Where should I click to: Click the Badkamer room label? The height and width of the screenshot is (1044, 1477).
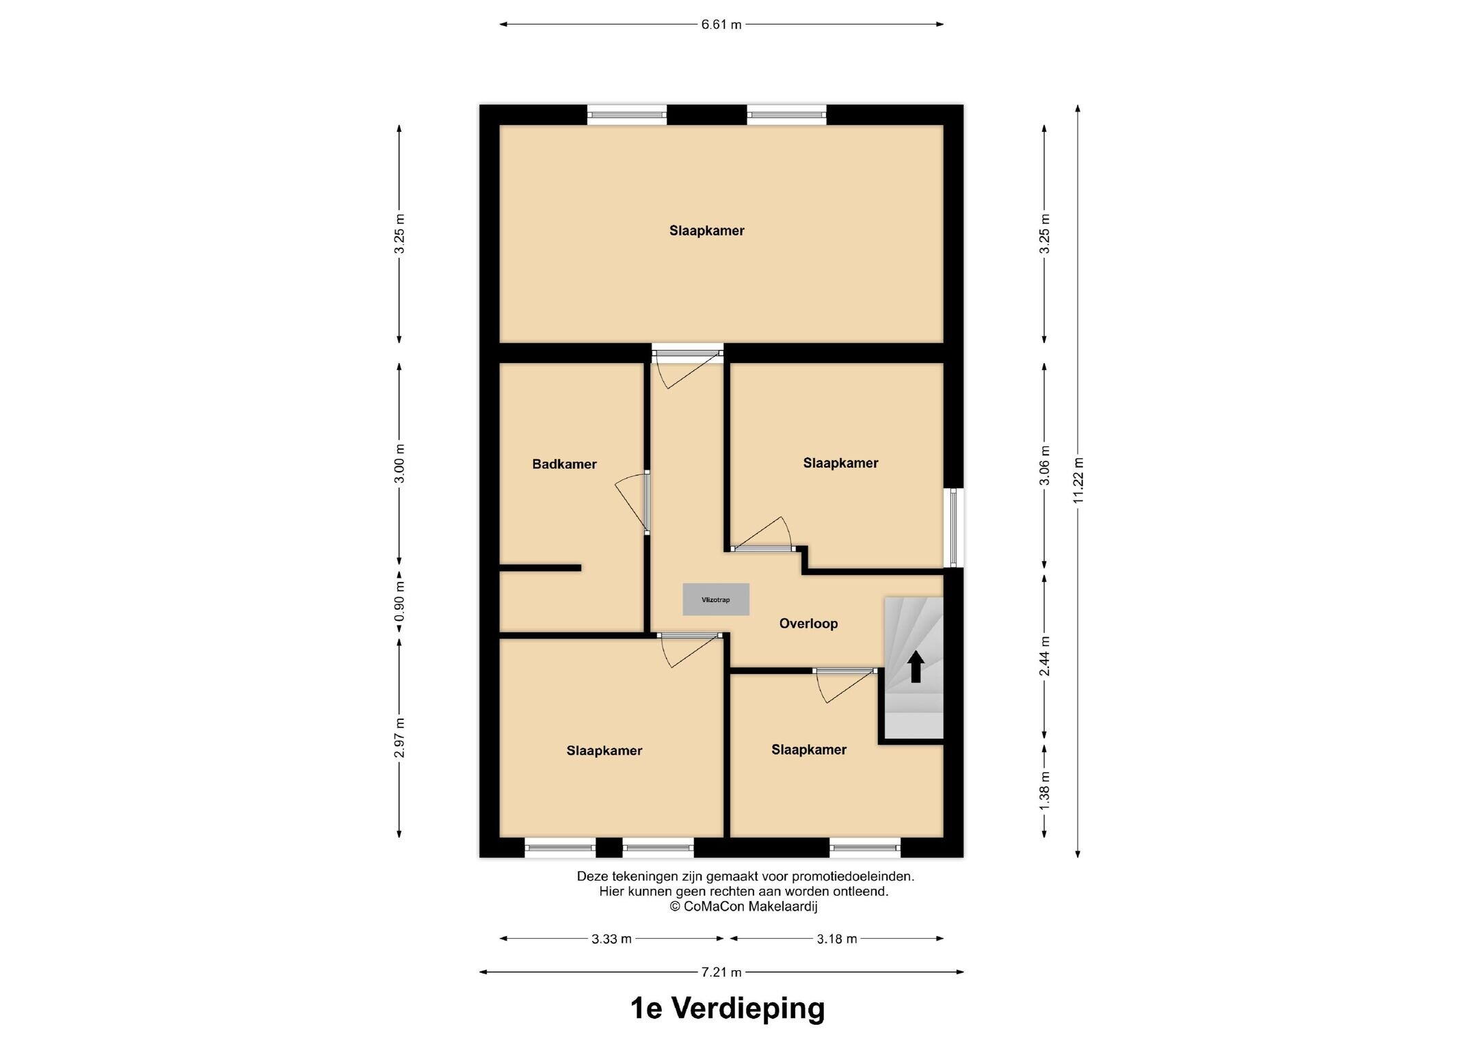point(564,464)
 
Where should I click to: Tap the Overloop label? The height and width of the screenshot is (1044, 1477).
point(808,624)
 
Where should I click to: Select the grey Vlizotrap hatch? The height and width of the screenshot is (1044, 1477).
point(716,600)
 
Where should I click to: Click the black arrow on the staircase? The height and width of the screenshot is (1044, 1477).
point(916,667)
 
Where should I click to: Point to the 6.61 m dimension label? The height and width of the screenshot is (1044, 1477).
point(721,25)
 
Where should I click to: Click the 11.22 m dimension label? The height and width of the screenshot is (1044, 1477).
point(1078,480)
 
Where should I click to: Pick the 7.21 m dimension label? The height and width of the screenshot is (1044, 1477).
point(721,972)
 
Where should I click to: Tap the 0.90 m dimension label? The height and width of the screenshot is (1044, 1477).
point(400,601)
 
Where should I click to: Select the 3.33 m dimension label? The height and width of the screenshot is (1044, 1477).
point(611,939)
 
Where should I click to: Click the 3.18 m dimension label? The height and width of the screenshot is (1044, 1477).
point(837,939)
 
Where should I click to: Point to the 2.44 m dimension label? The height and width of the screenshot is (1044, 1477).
point(1045,656)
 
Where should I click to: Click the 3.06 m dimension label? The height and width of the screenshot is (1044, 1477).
point(1045,465)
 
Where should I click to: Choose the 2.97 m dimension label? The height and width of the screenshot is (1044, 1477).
point(400,738)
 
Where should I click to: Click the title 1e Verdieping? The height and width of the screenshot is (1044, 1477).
point(728,1008)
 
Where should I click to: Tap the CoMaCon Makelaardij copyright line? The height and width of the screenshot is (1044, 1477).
point(743,907)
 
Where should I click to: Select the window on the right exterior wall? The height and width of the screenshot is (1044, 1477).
point(954,527)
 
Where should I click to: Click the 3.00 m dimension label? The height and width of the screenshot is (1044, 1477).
point(400,464)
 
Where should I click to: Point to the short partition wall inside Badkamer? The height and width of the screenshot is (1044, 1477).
point(540,567)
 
